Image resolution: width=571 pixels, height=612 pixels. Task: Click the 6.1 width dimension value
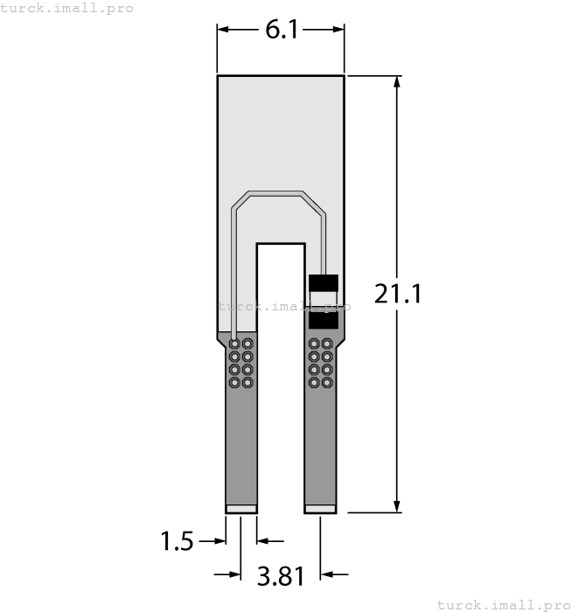tap(282, 30)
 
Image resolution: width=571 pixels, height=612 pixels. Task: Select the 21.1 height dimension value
tap(398, 293)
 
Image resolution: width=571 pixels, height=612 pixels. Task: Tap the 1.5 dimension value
tap(177, 541)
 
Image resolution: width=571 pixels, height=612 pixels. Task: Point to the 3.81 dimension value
tap(281, 575)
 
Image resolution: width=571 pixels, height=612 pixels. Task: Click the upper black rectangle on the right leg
tap(324, 283)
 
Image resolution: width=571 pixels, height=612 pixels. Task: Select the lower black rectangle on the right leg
tap(324, 320)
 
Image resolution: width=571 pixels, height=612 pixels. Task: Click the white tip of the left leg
tap(241, 509)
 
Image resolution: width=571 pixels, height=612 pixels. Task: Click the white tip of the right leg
tap(320, 509)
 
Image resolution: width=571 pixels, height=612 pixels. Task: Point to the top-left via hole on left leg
tap(234, 344)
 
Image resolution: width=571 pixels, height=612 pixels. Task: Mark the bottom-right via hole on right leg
tap(327, 383)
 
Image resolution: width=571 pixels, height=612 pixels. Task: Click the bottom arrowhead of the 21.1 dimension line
tap(398, 506)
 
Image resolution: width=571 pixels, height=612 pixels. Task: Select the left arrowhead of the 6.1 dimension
tap(223, 30)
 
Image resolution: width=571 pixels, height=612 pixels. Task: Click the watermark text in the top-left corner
tap(67, 8)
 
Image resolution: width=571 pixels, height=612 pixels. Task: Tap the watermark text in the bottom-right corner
tap(503, 604)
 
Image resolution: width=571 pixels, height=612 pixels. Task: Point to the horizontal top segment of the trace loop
tap(275, 192)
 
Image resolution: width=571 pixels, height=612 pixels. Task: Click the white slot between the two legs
tap(281, 376)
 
